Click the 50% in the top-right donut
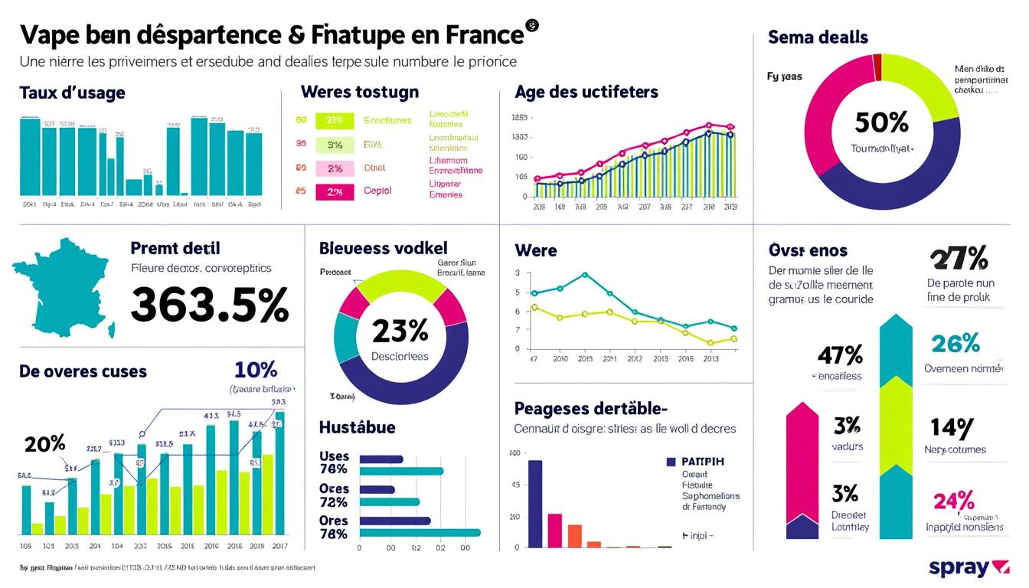pos(881,122)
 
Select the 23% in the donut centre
pos(400,331)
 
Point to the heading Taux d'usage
pos(72,93)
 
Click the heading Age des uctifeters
pos(586,92)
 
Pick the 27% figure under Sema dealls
pos(958,259)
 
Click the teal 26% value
pos(955,344)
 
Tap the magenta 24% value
pos(953,501)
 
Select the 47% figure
pos(840,354)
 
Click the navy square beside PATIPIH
pos(671,462)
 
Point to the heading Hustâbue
pos(357,427)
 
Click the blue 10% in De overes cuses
pos(256,370)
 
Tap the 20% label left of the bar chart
pos(44,444)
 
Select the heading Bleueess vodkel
pos(383,248)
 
